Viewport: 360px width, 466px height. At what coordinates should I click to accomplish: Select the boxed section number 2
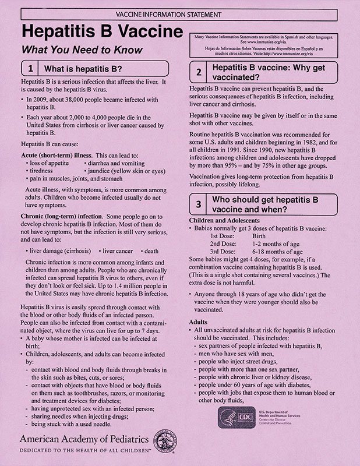point(199,72)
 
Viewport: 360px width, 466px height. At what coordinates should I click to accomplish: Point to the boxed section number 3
point(199,205)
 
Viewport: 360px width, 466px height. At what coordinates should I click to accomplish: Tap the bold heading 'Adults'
point(200,322)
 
